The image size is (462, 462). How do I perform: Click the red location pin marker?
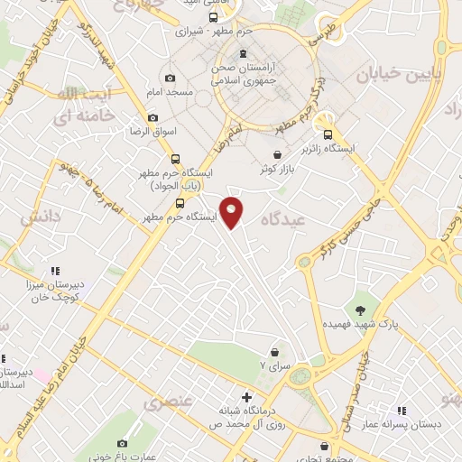[232, 212]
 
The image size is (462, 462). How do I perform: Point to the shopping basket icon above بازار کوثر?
[278, 155]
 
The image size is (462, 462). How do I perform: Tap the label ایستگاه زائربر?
[354, 147]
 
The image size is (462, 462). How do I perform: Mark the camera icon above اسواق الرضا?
[152, 117]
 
